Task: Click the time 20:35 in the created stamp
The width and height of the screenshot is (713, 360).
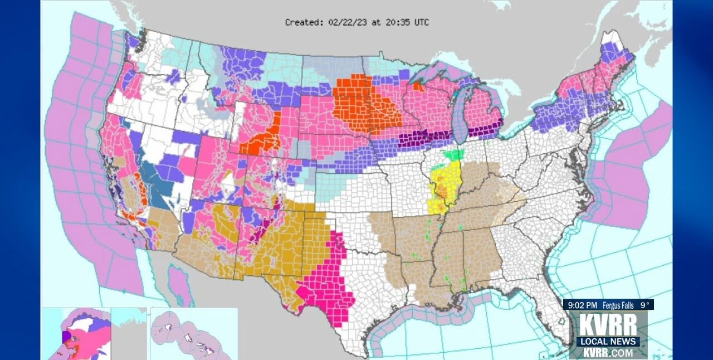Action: (x=391, y=22)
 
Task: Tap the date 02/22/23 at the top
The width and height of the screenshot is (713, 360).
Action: (x=347, y=22)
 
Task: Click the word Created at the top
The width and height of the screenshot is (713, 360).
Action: (x=304, y=22)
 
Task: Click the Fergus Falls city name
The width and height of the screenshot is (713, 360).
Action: (x=618, y=305)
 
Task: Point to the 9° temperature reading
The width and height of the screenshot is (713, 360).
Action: (x=644, y=305)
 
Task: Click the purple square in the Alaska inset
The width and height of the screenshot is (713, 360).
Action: (x=66, y=336)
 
